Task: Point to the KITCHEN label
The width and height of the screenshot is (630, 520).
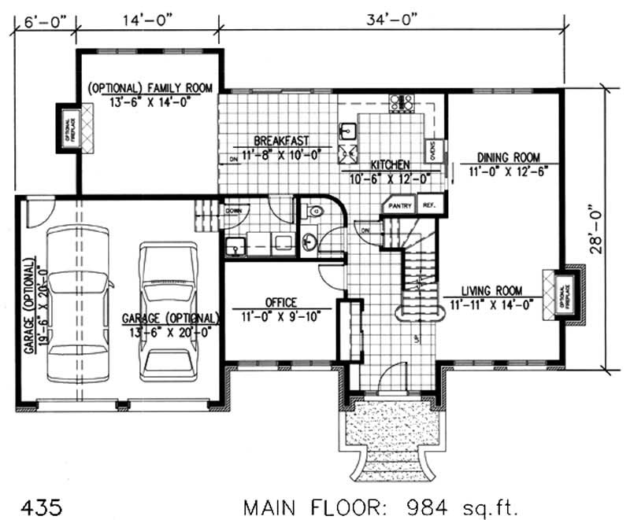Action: coord(390,165)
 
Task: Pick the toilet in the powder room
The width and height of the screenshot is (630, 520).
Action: coord(315,212)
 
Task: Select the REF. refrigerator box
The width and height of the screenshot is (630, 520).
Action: coord(429,205)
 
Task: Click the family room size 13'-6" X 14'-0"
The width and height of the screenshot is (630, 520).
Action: coord(149,101)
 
